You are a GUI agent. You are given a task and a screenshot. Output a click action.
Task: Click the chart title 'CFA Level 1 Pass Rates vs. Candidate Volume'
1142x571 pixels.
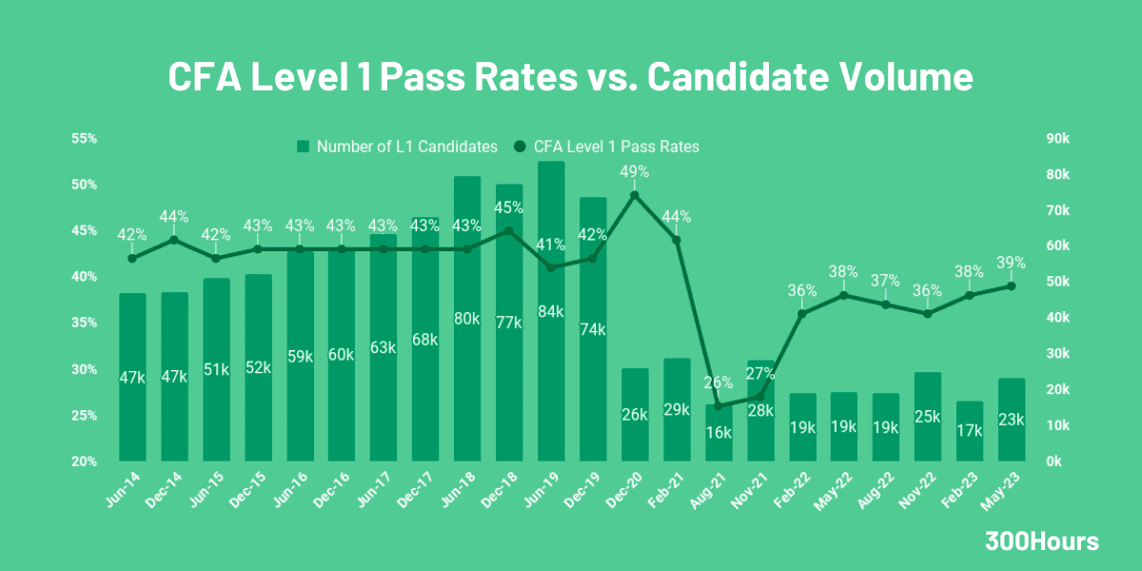click(570, 77)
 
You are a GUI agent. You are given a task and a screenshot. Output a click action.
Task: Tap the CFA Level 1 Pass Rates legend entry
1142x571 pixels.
click(606, 147)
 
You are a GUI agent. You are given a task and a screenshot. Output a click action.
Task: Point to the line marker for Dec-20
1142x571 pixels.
click(635, 195)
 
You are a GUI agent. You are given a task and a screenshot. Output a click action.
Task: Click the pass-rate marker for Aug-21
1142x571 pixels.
click(719, 406)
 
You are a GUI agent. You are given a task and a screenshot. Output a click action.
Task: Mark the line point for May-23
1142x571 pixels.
click(1011, 285)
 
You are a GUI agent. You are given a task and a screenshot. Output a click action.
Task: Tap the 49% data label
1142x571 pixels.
click(635, 172)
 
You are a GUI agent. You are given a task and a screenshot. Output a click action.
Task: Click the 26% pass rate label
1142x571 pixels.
click(719, 383)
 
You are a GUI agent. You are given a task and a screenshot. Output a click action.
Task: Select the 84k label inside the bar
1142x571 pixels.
click(551, 312)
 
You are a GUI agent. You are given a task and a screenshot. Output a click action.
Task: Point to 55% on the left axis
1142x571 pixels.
click(85, 139)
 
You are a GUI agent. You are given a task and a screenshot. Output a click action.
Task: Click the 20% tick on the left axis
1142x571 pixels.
click(85, 462)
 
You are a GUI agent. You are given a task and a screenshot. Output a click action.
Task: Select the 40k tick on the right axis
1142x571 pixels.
click(1057, 318)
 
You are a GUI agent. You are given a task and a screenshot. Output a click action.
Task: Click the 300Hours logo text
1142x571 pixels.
click(1042, 541)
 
